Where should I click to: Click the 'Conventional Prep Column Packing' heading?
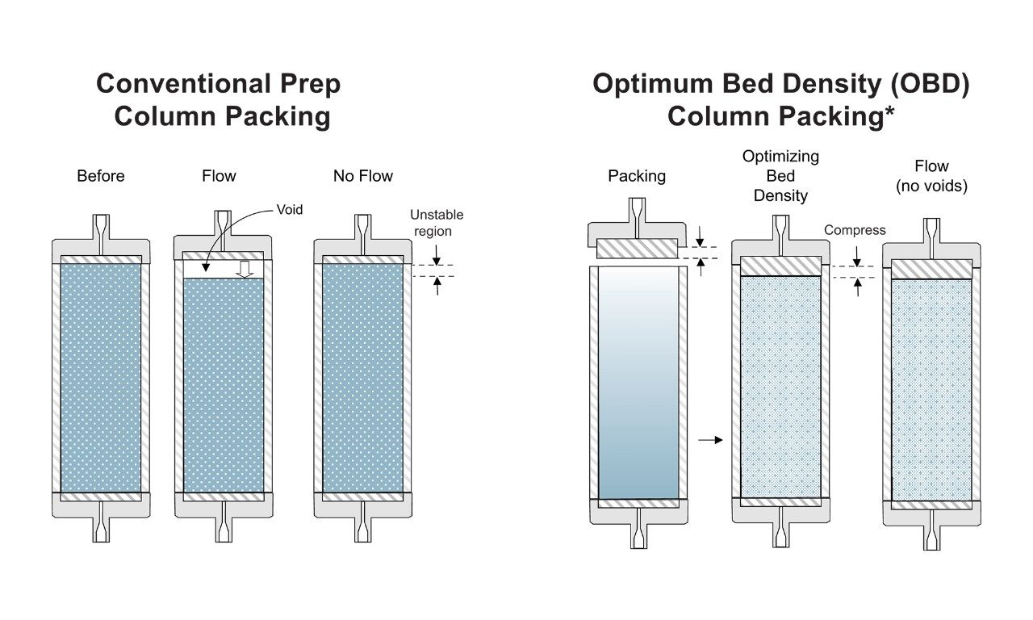218,99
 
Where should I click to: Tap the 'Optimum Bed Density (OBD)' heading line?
780,84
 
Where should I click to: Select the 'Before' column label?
101,176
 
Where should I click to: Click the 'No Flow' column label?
363,176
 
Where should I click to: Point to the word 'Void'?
289,210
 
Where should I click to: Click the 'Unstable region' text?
437,223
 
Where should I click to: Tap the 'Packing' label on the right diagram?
637,176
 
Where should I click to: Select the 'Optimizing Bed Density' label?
780,176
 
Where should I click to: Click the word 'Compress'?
855,230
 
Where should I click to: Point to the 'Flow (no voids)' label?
931,176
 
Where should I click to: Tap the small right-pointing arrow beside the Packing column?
709,440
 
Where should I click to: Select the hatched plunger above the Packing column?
638,249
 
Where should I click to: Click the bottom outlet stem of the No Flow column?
363,529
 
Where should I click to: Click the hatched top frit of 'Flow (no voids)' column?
931,269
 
